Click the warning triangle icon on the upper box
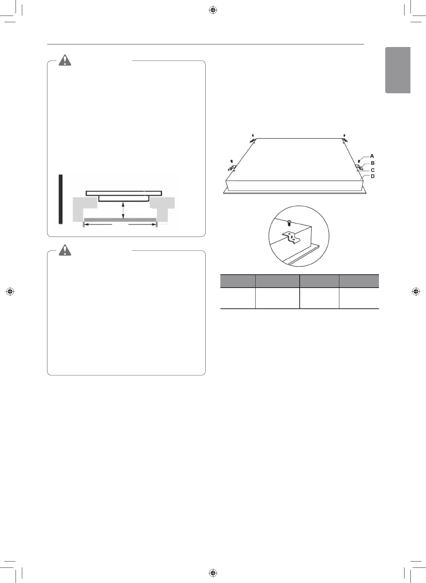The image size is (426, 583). [65, 60]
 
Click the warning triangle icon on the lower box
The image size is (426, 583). [65, 250]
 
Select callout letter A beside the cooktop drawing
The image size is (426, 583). [372, 156]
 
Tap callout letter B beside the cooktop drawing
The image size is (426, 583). [372, 163]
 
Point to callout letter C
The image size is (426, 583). [372, 170]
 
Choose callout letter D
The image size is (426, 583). [372, 176]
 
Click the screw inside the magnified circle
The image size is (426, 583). [289, 223]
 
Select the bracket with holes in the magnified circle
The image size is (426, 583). [291, 237]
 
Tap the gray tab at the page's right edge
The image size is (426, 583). [398, 70]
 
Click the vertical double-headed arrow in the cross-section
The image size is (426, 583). [123, 211]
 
